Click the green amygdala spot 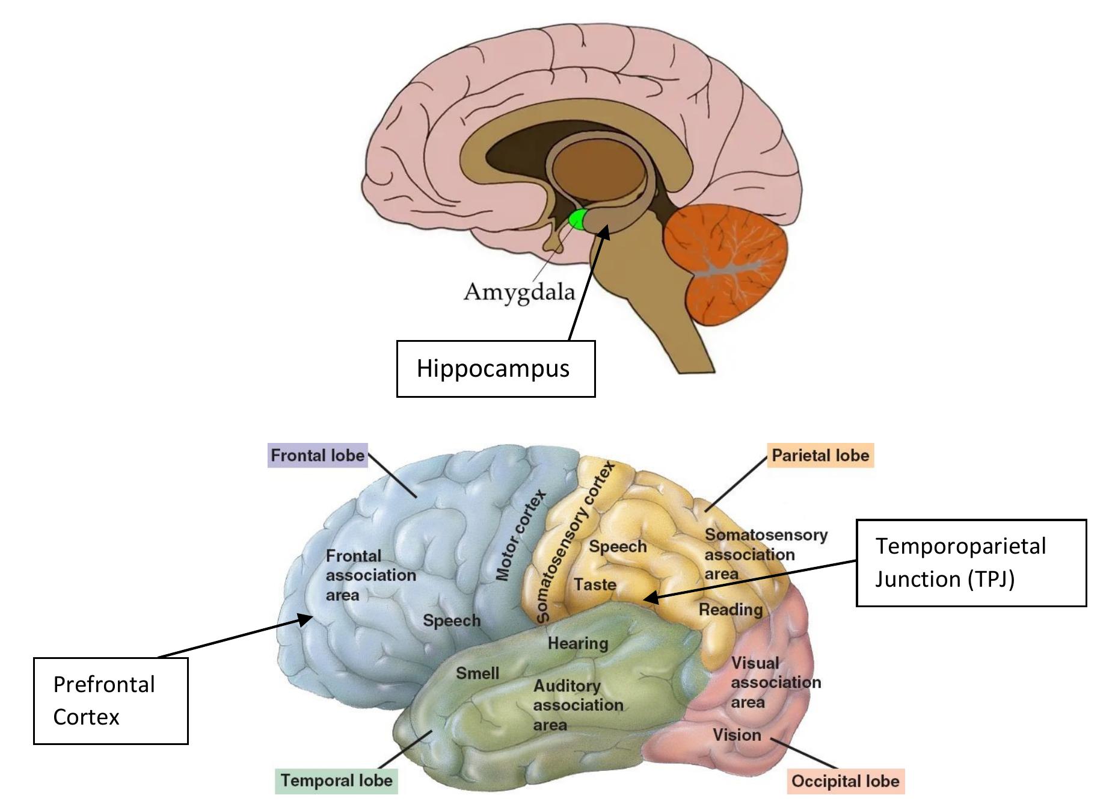(x=577, y=220)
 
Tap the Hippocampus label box (x=496, y=369)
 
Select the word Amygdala (x=519, y=292)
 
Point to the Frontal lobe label (x=318, y=456)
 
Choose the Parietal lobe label (x=820, y=456)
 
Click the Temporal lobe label (x=336, y=781)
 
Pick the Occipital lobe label (x=845, y=781)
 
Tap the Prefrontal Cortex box (x=111, y=700)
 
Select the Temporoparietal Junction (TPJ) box (x=971, y=563)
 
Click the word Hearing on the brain (x=578, y=643)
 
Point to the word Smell (x=478, y=673)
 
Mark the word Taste (x=595, y=584)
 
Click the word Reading (x=730, y=610)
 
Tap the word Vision (x=737, y=735)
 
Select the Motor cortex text (x=521, y=535)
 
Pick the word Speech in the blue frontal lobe (x=452, y=620)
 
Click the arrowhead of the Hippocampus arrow (x=604, y=232)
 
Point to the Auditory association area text (x=577, y=705)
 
